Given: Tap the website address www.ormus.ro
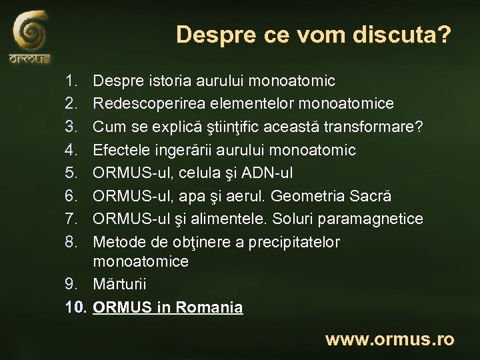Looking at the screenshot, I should pyautogui.click(x=389, y=339).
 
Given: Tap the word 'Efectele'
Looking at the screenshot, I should pyautogui.click(x=121, y=150).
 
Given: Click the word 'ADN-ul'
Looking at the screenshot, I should pyautogui.click(x=267, y=173).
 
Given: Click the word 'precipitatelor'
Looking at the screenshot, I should pyautogui.click(x=293, y=241).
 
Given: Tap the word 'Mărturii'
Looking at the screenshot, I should pyautogui.click(x=120, y=284).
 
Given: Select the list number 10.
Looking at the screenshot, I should pyautogui.click(x=76, y=307).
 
